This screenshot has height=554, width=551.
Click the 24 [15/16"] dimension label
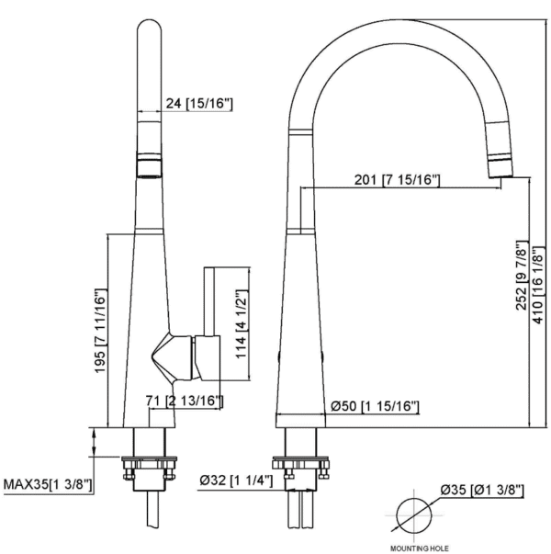tap(200, 104)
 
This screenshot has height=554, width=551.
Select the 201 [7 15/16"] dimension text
tap(397, 179)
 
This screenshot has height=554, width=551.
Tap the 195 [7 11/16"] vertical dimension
tap(100, 329)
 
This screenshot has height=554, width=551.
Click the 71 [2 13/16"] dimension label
tap(187, 401)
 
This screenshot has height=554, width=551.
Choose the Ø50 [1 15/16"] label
tap(375, 406)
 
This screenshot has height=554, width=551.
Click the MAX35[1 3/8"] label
tap(47, 483)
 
